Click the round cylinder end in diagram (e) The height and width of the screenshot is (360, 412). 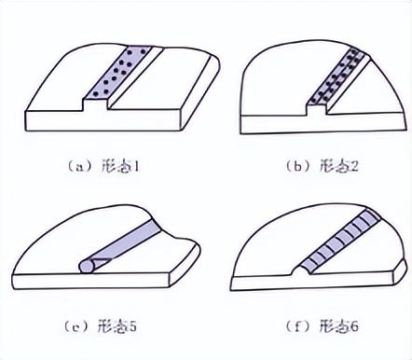[88, 267]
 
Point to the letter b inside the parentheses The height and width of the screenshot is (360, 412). [297, 168]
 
